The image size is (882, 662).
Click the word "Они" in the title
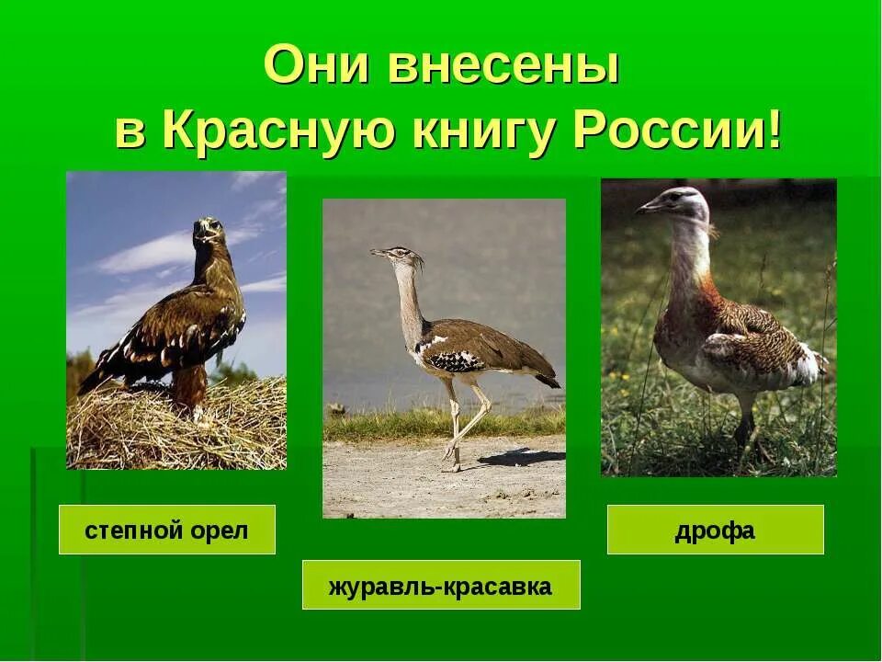tap(316, 67)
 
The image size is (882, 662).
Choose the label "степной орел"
tap(166, 531)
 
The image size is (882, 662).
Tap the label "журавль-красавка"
tap(440, 586)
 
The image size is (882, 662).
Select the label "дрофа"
tap(715, 531)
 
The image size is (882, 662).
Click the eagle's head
tap(209, 230)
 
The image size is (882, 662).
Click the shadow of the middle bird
tap(519, 457)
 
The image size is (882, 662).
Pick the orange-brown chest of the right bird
tap(698, 303)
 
